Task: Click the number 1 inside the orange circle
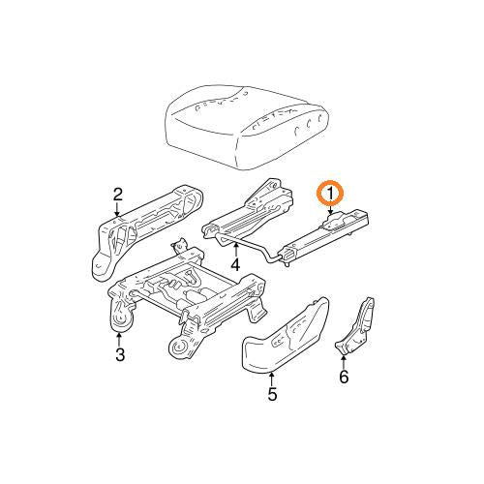(331, 194)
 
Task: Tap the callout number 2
(117, 194)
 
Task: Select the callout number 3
(118, 355)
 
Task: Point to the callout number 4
(235, 263)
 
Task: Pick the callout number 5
(272, 394)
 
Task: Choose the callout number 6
(343, 377)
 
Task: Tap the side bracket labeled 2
(145, 232)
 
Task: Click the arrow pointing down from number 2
(117, 213)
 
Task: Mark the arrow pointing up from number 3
(118, 338)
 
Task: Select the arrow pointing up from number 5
(272, 377)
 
